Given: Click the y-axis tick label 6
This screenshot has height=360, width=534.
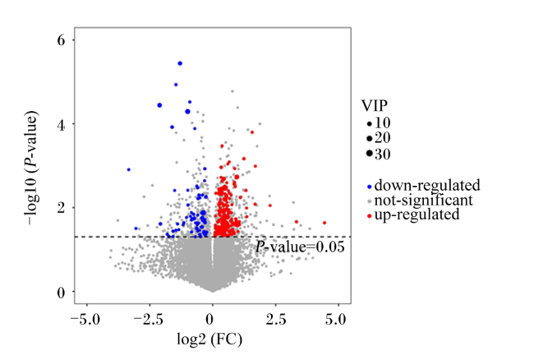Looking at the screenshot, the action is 61,40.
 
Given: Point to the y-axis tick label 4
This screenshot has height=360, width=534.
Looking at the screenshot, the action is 61,125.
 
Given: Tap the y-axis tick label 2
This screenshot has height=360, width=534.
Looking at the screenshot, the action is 61,208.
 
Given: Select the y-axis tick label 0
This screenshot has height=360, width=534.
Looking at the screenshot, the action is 61,293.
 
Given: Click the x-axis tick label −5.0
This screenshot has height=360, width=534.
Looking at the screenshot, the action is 85,320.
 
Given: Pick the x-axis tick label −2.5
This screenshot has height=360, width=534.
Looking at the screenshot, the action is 148,320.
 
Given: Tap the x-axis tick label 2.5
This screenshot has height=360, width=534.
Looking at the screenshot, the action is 276,320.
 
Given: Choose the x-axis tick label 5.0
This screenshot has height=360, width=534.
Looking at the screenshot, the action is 335,320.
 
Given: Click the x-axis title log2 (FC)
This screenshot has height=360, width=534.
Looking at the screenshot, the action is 209,339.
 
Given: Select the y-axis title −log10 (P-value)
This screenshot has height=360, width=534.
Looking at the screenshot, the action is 31,168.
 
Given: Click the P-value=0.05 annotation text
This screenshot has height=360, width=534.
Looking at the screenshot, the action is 300,247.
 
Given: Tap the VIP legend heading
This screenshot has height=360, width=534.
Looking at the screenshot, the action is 375,106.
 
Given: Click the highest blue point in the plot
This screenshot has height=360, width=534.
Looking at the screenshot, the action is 180,63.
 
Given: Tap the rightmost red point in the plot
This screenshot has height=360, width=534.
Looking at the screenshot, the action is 325,223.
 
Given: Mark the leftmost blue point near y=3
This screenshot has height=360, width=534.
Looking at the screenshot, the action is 128,169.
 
